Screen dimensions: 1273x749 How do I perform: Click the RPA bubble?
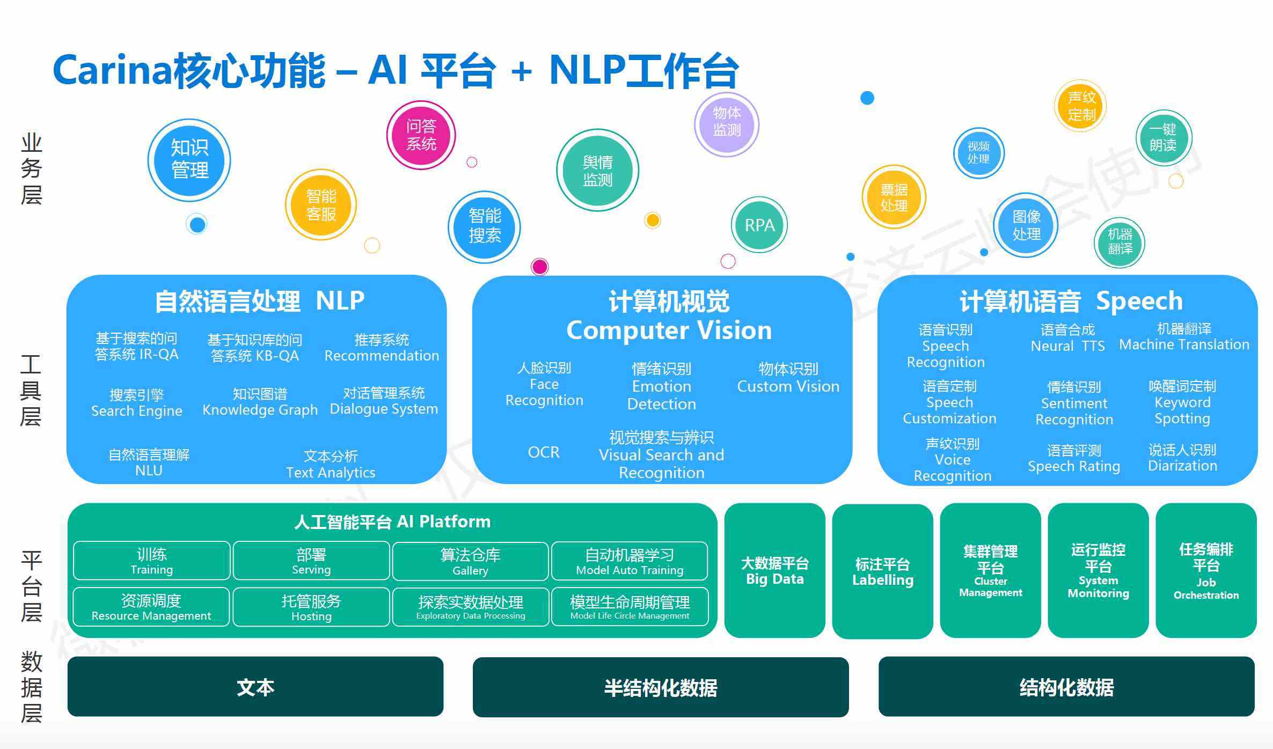coord(759,225)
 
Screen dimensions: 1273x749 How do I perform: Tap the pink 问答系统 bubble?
coord(421,135)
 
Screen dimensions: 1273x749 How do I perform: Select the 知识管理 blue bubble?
coord(189,159)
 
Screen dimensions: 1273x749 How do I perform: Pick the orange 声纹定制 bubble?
coord(1081,106)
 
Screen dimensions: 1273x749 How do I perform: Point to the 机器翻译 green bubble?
coord(1120,242)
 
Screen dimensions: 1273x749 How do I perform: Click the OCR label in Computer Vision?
coord(544,452)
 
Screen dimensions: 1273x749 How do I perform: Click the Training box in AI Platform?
coord(152,561)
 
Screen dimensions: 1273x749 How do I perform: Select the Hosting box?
coord(311,607)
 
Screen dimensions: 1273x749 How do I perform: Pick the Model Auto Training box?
coord(630,561)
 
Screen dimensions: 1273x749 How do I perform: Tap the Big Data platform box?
coord(774,570)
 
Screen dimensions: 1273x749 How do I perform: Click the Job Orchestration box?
coord(1206,570)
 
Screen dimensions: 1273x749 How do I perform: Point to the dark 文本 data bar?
coord(255,687)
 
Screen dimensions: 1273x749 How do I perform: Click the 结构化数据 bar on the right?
coord(1066,687)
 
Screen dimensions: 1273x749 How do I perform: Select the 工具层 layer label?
coord(31,390)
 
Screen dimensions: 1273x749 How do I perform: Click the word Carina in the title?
coord(112,70)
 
